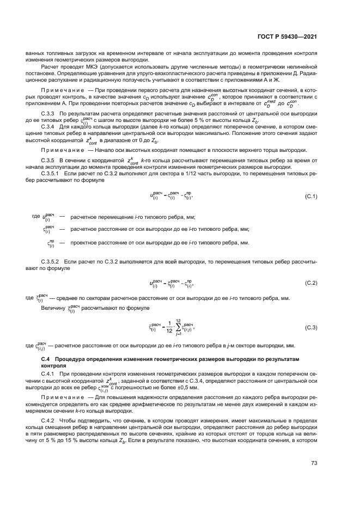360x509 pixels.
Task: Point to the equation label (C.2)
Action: click(311, 283)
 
